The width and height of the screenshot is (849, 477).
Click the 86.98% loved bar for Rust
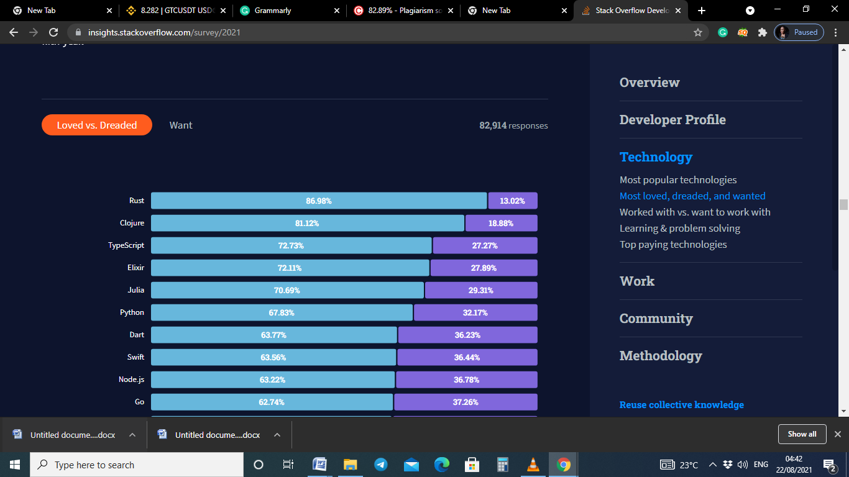coord(319,201)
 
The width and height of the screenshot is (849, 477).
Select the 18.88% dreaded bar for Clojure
coord(501,223)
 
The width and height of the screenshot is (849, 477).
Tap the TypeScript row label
coord(126,245)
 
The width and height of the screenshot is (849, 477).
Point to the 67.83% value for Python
coord(282,312)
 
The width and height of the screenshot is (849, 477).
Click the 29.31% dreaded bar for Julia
coord(481,290)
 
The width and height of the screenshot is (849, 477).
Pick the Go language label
coord(139,402)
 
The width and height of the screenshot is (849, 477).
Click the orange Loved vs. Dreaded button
coord(97,125)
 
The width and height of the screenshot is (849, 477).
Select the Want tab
coord(181,125)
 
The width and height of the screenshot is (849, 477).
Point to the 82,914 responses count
coord(513,125)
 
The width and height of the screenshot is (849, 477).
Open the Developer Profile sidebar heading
coord(672,119)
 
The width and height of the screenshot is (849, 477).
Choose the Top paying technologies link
coord(673,244)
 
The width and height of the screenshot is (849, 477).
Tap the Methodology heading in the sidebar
coord(661,355)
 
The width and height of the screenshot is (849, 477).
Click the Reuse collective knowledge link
coord(682,404)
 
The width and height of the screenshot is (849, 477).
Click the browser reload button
coord(53,32)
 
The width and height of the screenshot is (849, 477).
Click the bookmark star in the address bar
coord(698,32)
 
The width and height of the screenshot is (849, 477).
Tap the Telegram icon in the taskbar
coord(381,465)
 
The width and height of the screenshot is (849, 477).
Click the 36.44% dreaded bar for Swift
coord(467,357)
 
